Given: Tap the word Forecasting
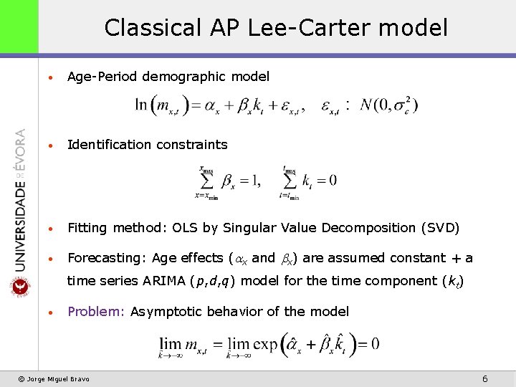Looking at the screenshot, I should pos(105,258).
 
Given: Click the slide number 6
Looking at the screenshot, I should pos(485,378).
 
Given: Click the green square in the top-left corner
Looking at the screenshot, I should pos(19,27).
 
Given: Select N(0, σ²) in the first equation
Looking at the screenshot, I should pos(390,106).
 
